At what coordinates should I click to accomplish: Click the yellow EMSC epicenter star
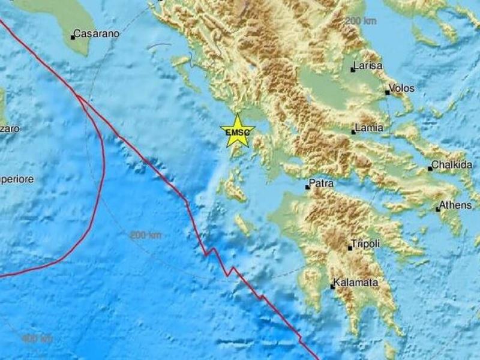pyautogui.click(x=238, y=131)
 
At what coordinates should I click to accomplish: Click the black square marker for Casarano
pyautogui.click(x=73, y=37)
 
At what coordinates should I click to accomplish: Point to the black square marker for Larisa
pyautogui.click(x=353, y=70)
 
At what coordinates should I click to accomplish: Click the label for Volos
pyautogui.click(x=401, y=89)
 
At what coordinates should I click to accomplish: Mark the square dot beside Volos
pyautogui.click(x=388, y=93)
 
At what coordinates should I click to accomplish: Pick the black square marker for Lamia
pyautogui.click(x=354, y=131)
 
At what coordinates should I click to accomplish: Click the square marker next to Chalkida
pyautogui.click(x=430, y=169)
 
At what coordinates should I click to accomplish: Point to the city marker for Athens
pyautogui.click(x=438, y=209)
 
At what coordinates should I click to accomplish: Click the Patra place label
pyautogui.click(x=321, y=183)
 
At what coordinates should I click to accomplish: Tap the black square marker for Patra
pyautogui.click(x=307, y=187)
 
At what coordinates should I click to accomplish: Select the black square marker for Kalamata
pyautogui.click(x=332, y=286)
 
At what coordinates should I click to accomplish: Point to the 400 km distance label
pyautogui.click(x=37, y=339)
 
